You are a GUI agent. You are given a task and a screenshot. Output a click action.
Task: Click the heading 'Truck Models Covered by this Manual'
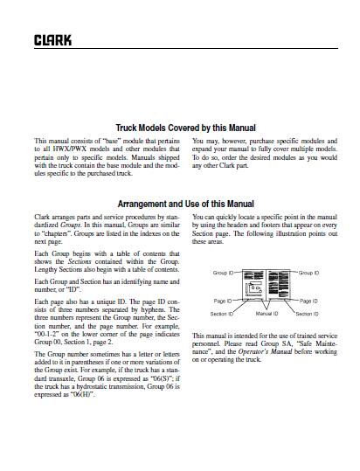point(179,126)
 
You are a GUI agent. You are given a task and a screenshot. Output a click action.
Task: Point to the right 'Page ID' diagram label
point(309,301)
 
